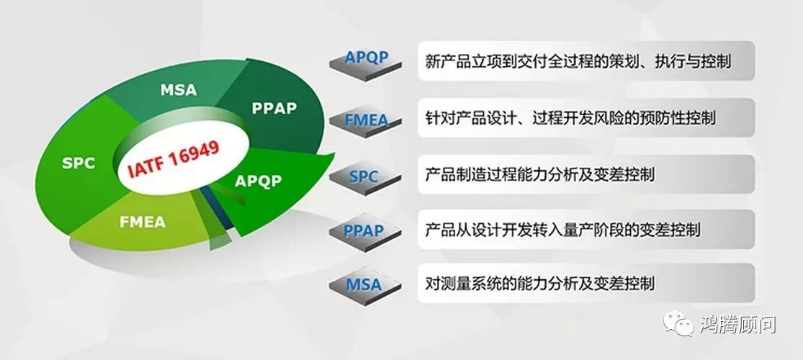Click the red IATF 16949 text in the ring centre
(174, 158)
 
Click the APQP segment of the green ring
(261, 184)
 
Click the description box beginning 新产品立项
(586, 61)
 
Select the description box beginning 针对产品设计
(586, 118)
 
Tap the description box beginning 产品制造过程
(586, 174)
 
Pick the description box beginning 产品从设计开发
(586, 230)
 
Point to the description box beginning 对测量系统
(586, 283)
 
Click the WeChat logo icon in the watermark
(678, 324)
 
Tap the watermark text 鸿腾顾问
(738, 325)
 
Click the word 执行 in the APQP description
(670, 62)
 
